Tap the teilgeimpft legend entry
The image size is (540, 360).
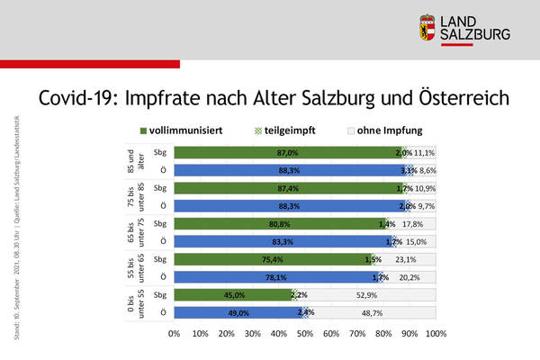(284, 130)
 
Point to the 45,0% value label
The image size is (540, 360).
(234, 294)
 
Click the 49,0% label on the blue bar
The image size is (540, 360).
(238, 312)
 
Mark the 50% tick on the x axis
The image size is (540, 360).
(305, 334)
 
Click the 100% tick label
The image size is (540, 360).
(436, 334)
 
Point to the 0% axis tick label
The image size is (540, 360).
(175, 334)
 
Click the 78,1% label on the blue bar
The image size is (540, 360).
(277, 277)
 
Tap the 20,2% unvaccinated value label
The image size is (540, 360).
(411, 277)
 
